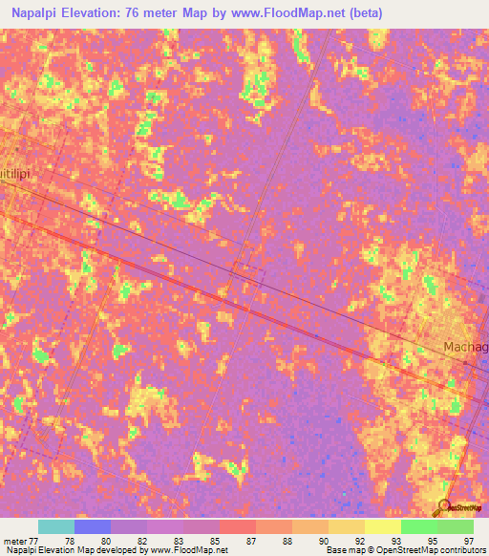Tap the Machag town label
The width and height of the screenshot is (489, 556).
tap(465, 347)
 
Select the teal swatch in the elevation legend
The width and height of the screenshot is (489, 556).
tap(55, 526)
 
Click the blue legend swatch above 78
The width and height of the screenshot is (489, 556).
tap(92, 526)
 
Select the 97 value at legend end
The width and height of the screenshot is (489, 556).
tap(467, 541)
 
